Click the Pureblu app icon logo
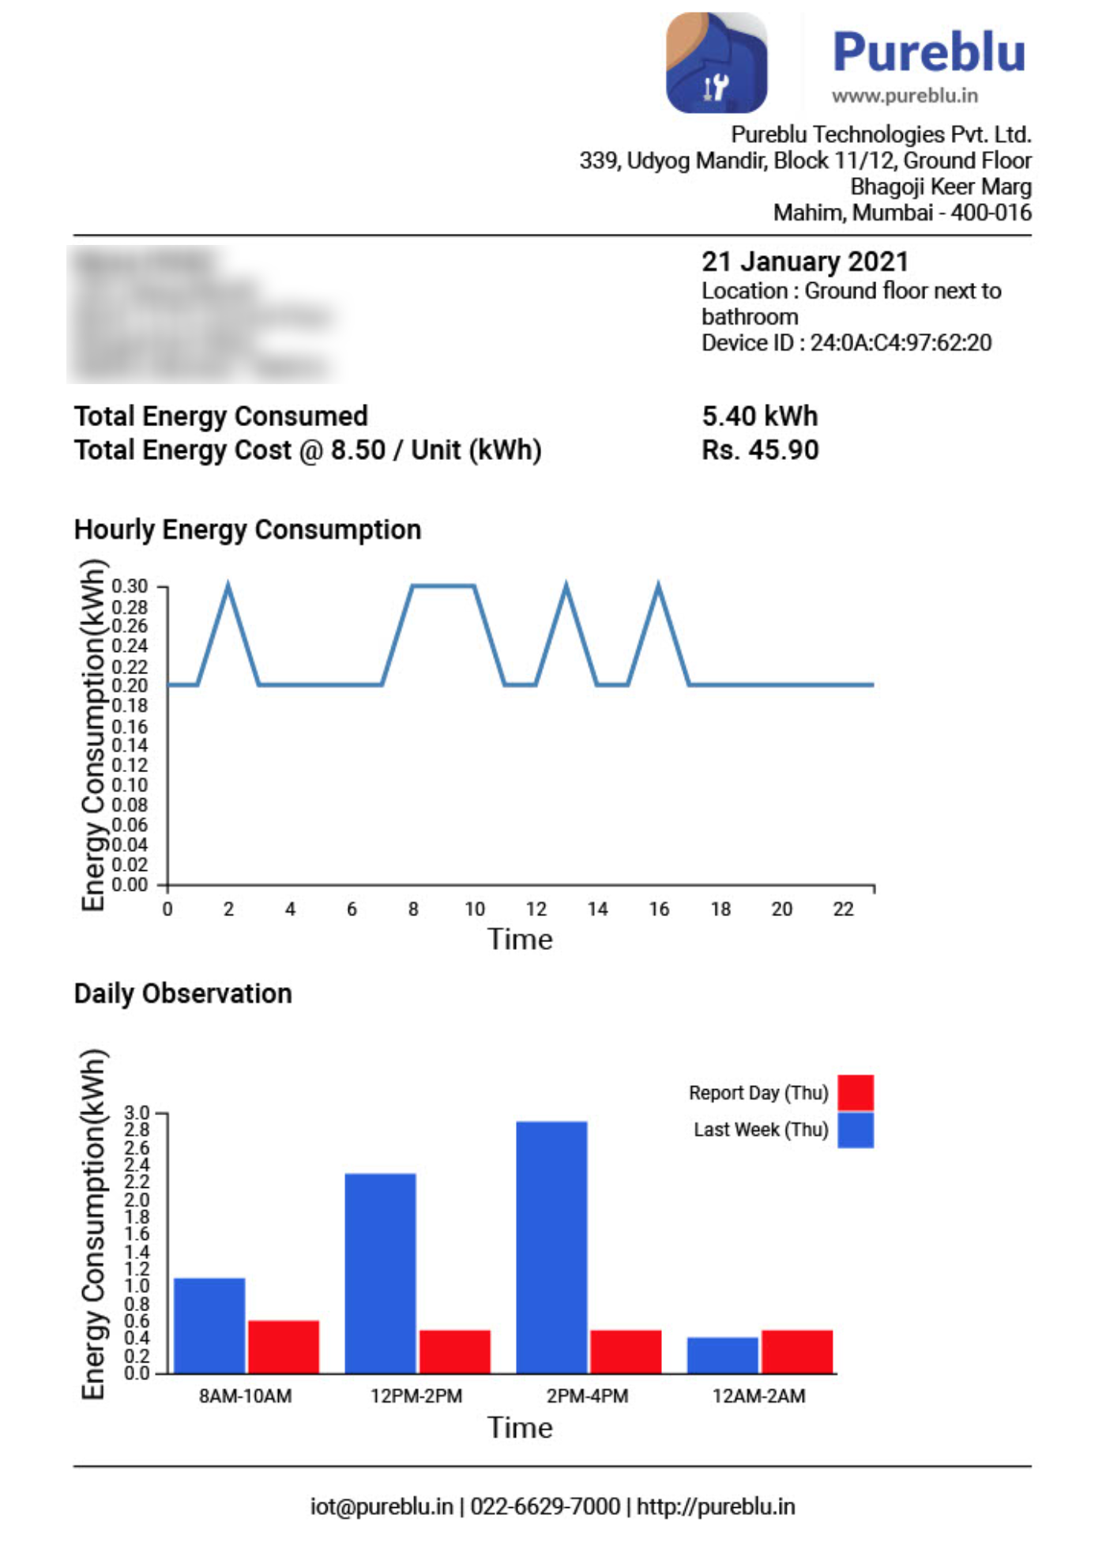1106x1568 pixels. (x=716, y=63)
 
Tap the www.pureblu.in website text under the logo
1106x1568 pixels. (x=905, y=96)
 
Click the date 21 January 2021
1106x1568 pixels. (x=804, y=262)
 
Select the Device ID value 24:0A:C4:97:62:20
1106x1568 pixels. (x=901, y=343)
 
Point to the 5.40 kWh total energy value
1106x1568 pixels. (x=759, y=416)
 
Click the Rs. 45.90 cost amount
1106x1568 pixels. (x=760, y=450)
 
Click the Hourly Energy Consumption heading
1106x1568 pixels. (x=247, y=530)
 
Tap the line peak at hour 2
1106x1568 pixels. (x=228, y=587)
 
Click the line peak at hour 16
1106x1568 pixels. (x=659, y=587)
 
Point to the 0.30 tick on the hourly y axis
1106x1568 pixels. (x=130, y=586)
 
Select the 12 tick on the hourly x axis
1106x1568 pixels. (x=536, y=910)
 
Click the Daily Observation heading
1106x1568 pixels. (x=182, y=993)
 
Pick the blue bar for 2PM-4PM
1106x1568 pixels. (x=551, y=1247)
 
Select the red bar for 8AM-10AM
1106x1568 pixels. (x=284, y=1347)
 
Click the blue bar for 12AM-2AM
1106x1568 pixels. (x=722, y=1355)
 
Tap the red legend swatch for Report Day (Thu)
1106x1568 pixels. (x=856, y=1092)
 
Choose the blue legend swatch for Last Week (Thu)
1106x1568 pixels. (x=856, y=1129)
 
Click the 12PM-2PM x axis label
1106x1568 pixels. (x=416, y=1396)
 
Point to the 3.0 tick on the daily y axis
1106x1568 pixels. (x=137, y=1113)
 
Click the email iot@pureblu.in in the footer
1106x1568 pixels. (x=382, y=1506)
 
